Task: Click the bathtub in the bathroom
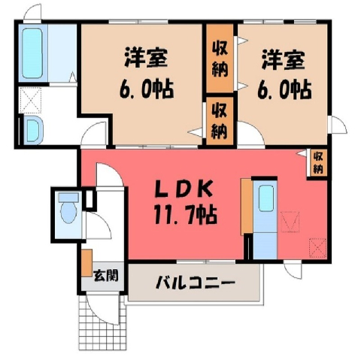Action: (32, 53)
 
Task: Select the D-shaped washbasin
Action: (34, 130)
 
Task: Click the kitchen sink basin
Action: (266, 198)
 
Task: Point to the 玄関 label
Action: (105, 276)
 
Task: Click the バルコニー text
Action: (196, 283)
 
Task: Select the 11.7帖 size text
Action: (186, 215)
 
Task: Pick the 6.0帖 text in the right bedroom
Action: (284, 89)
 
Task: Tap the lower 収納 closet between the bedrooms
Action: (220, 121)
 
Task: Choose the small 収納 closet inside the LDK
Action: (317, 163)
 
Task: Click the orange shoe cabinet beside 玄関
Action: (86, 263)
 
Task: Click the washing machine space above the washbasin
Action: (30, 100)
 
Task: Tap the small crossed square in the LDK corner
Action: (317, 248)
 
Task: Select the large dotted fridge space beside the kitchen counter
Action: (290, 222)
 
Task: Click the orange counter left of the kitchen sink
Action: (246, 207)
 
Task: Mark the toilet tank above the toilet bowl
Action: (68, 197)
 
